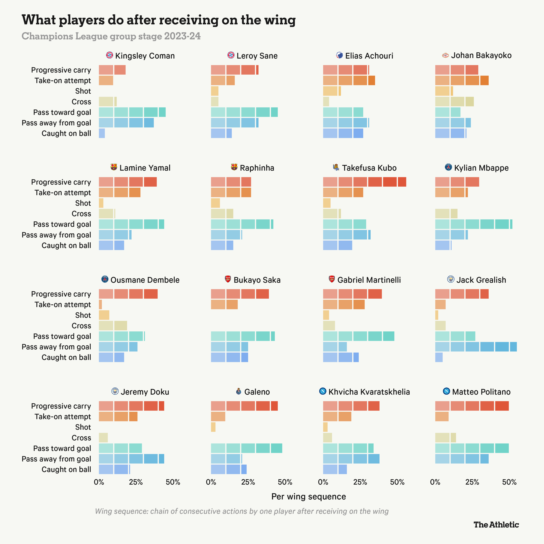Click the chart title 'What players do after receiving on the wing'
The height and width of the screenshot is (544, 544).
click(159, 20)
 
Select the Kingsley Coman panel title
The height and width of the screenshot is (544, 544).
click(145, 56)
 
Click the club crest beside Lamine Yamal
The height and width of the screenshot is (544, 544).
click(114, 167)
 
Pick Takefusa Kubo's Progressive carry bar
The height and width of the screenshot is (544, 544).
click(364, 182)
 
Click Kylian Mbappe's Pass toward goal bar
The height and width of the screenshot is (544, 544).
click(473, 224)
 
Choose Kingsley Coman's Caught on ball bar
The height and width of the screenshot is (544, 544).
click(102, 133)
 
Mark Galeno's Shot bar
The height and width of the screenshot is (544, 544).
click(213, 427)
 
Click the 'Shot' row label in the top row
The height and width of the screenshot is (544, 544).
click(83, 91)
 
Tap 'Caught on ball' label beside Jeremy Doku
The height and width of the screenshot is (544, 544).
click(66, 469)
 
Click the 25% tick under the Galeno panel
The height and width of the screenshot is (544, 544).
click(248, 482)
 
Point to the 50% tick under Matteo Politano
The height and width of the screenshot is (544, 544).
click(509, 482)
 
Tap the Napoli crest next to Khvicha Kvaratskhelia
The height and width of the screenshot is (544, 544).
click(323, 391)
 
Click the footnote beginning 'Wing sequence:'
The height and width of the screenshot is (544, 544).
click(242, 511)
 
